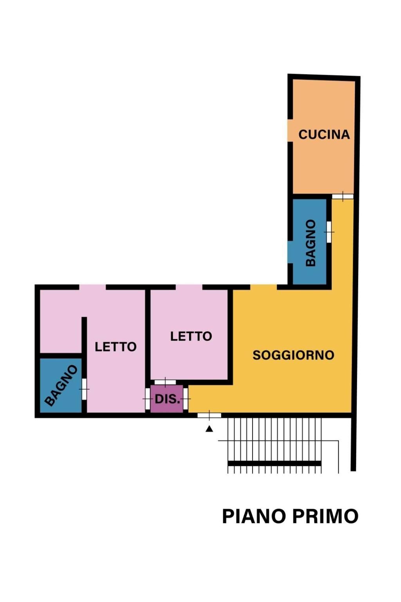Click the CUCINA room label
[x=324, y=134]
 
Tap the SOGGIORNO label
[x=293, y=355]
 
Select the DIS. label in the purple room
[x=167, y=399]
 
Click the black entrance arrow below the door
[x=209, y=429]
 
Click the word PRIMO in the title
[x=325, y=516]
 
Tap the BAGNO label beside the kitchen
[x=311, y=243]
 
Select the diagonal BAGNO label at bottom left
[x=61, y=385]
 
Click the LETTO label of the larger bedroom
[x=116, y=346]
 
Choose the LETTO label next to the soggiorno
[x=191, y=336]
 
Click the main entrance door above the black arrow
[x=209, y=415]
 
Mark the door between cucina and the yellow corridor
[x=343, y=196]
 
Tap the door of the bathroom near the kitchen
[x=329, y=232]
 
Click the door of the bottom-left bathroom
[x=84, y=389]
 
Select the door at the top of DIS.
[x=165, y=382]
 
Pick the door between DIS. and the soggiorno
[x=186, y=399]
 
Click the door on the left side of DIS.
[x=148, y=399]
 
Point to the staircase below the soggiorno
[x=274, y=445]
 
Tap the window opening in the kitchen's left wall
[x=290, y=131]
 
